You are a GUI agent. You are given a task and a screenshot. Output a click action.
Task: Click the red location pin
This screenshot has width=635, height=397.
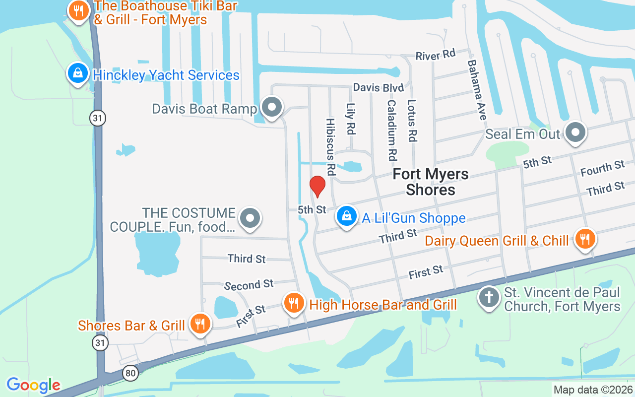coord(317,186)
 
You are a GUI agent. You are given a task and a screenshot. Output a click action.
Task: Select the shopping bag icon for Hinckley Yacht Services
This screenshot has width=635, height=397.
coord(77,73)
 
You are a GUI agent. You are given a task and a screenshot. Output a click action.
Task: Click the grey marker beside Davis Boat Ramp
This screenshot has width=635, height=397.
coord(271,107)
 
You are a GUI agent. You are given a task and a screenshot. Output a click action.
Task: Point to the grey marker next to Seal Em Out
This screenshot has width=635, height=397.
coord(575,132)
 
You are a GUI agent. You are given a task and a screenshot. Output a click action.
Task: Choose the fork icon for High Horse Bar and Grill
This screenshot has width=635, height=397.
coord(294,302)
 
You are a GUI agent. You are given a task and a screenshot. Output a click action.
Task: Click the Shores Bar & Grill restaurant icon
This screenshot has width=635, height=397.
coord(200,324)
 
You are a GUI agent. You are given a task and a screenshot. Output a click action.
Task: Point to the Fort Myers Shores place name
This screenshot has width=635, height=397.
coord(431,182)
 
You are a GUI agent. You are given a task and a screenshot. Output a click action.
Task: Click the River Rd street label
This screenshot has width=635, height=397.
coord(435,55)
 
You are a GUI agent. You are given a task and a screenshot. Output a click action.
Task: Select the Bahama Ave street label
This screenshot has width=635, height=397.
coord(476,90)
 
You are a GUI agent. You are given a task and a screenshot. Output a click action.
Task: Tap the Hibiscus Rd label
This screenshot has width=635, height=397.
coord(330,146)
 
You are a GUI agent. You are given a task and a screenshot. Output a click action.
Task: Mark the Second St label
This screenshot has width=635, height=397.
coord(249,285)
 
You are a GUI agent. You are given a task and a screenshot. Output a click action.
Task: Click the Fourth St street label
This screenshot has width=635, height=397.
coord(602,168)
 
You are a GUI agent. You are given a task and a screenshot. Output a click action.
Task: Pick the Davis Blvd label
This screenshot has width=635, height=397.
coord(378,88)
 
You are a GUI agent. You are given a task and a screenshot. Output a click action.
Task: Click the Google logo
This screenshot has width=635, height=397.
coord(33,385)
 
